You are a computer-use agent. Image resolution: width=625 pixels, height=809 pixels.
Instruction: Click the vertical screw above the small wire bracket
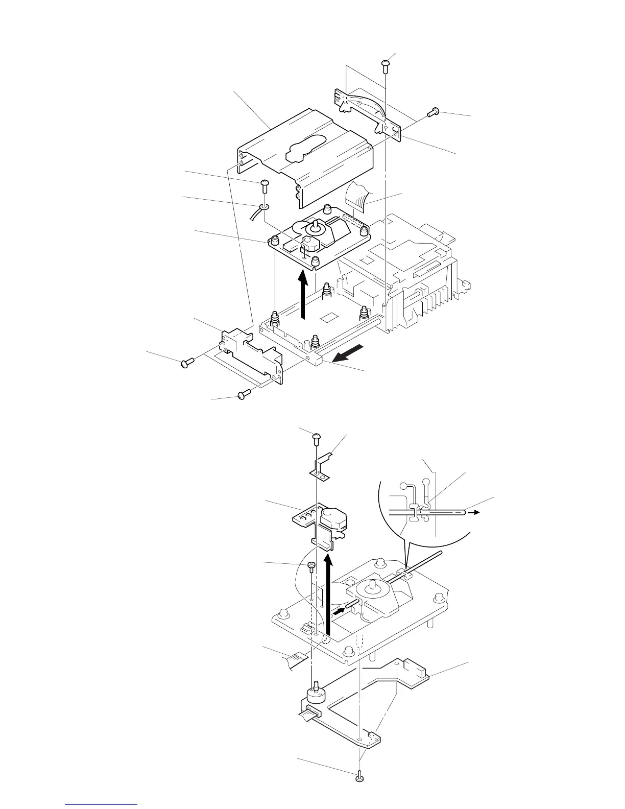pyautogui.click(x=386, y=65)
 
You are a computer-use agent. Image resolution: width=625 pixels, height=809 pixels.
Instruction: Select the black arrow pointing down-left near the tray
pyautogui.click(x=353, y=352)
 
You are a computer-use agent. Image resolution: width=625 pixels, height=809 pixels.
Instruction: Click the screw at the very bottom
pyautogui.click(x=359, y=778)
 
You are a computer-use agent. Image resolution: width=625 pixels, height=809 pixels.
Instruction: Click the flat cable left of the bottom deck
pyautogui.click(x=296, y=659)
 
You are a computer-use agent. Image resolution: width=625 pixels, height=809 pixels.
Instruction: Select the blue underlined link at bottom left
pyautogui.click(x=102, y=805)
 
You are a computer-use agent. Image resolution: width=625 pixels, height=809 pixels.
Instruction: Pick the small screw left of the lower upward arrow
pyautogui.click(x=311, y=566)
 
